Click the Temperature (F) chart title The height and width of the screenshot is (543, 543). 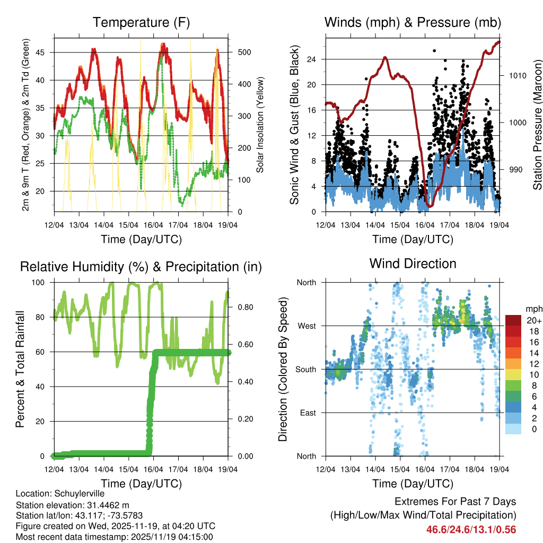click(141, 23)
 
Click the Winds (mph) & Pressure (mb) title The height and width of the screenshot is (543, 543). click(413, 23)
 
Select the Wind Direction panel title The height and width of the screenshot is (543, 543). click(413, 264)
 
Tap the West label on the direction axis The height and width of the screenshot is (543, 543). click(306, 326)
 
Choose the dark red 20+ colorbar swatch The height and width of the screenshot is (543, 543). click(513, 321)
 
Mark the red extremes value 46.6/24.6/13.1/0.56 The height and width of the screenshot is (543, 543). click(471, 530)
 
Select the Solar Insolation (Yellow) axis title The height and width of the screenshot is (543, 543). click(260, 125)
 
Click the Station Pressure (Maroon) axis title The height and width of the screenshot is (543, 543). click(537, 125)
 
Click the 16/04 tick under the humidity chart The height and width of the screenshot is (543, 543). click(154, 470)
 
